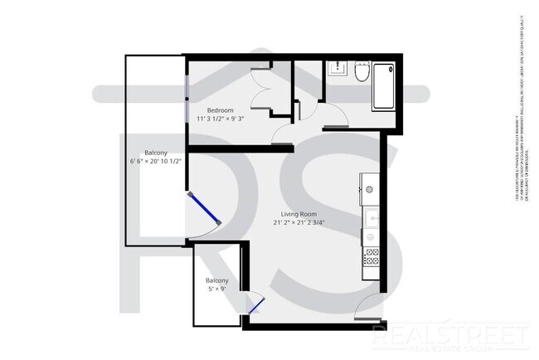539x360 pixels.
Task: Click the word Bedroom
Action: tap(220, 110)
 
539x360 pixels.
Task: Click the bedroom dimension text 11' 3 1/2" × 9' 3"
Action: tap(220, 119)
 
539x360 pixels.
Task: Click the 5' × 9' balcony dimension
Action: tap(216, 289)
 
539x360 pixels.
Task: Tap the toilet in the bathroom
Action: tap(361, 74)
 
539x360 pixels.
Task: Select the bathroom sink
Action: tap(337, 68)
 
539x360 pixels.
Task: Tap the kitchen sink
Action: tap(371, 219)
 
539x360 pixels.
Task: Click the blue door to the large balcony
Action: tap(204, 208)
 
